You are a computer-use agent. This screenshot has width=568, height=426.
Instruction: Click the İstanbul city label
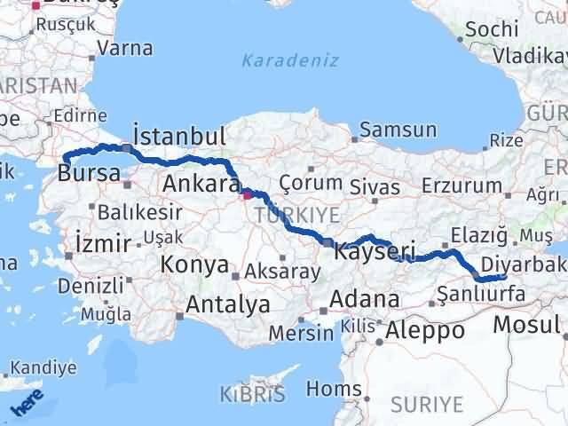(x=178, y=137)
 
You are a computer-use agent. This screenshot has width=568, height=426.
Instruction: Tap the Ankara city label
(x=201, y=185)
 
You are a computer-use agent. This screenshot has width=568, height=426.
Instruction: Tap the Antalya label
(x=228, y=305)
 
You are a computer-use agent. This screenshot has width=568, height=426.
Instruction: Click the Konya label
(x=194, y=264)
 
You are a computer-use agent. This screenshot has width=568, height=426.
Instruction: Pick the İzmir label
(x=104, y=243)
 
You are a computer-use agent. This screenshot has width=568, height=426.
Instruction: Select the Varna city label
(x=123, y=47)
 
